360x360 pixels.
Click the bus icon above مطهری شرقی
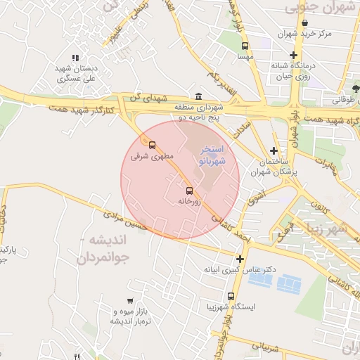pyautogui.click(x=152, y=146)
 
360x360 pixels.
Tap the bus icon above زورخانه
pyautogui.click(x=188, y=191)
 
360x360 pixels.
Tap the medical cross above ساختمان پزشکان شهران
pyautogui.click(x=274, y=150)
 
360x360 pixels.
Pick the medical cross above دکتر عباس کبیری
pyautogui.click(x=239, y=259)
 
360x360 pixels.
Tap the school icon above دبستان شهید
pyautogui.click(x=75, y=58)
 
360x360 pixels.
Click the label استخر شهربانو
pyautogui.click(x=212, y=156)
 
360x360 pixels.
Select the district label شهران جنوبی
pyautogui.click(x=323, y=6)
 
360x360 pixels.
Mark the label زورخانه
pyautogui.click(x=188, y=202)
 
